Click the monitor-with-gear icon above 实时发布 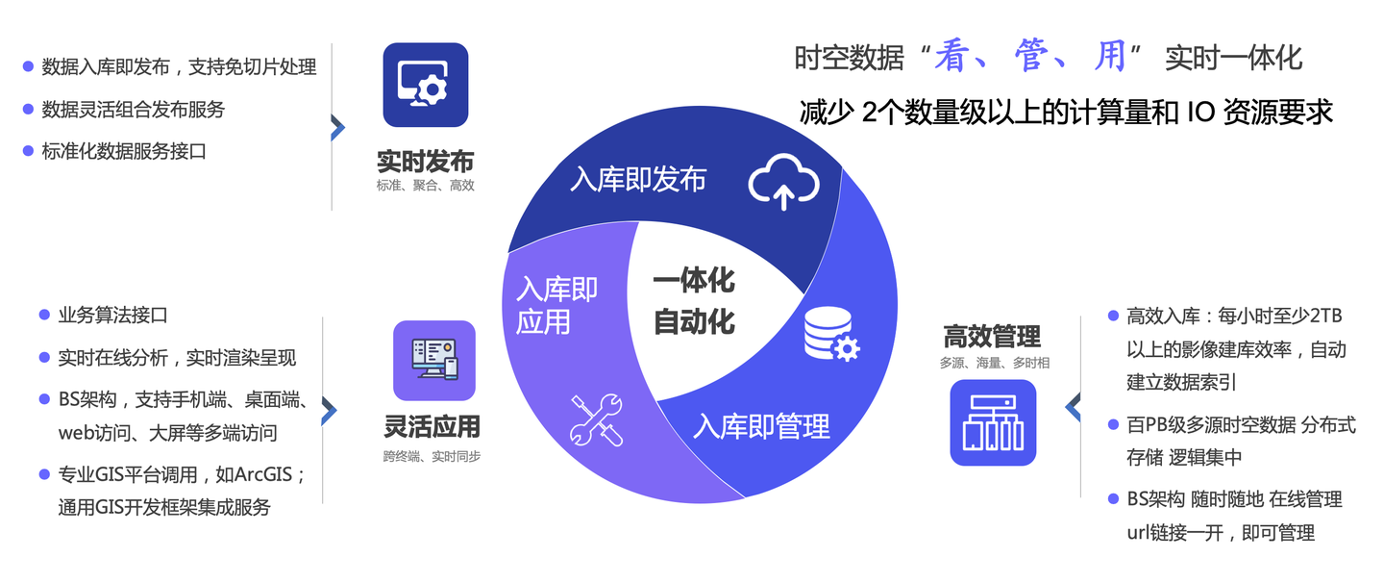425,85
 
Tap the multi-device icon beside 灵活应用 433,360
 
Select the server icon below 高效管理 993,422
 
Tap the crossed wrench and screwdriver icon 596,418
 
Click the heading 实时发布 425,161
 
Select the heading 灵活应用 432,425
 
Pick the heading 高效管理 992,337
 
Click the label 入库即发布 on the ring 637,179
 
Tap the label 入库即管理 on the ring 761,425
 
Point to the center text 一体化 694,280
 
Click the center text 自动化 694,321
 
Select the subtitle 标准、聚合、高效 425,186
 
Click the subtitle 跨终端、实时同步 432,455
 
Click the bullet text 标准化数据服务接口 124,151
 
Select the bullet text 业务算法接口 112,315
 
